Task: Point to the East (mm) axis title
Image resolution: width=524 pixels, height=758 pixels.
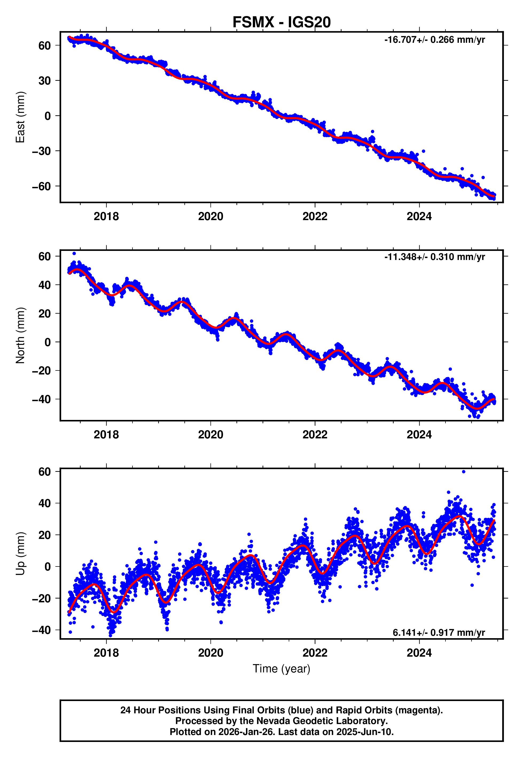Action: click(x=20, y=117)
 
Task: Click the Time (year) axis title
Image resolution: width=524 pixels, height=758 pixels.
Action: click(x=281, y=669)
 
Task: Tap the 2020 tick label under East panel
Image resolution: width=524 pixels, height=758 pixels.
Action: click(x=210, y=216)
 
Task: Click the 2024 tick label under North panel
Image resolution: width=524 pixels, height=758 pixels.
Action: click(x=419, y=435)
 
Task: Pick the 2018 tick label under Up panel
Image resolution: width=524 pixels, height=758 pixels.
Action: click(x=106, y=653)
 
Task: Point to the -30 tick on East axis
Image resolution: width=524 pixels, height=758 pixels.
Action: click(x=41, y=151)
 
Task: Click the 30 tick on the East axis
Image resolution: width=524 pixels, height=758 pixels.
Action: click(x=45, y=81)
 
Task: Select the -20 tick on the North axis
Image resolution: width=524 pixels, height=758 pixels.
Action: click(x=41, y=371)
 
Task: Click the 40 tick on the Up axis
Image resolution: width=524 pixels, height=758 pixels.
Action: click(x=45, y=503)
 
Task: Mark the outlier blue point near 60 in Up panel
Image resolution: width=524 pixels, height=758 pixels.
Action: click(x=464, y=472)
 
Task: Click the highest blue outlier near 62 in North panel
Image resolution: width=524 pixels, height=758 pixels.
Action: click(x=74, y=254)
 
